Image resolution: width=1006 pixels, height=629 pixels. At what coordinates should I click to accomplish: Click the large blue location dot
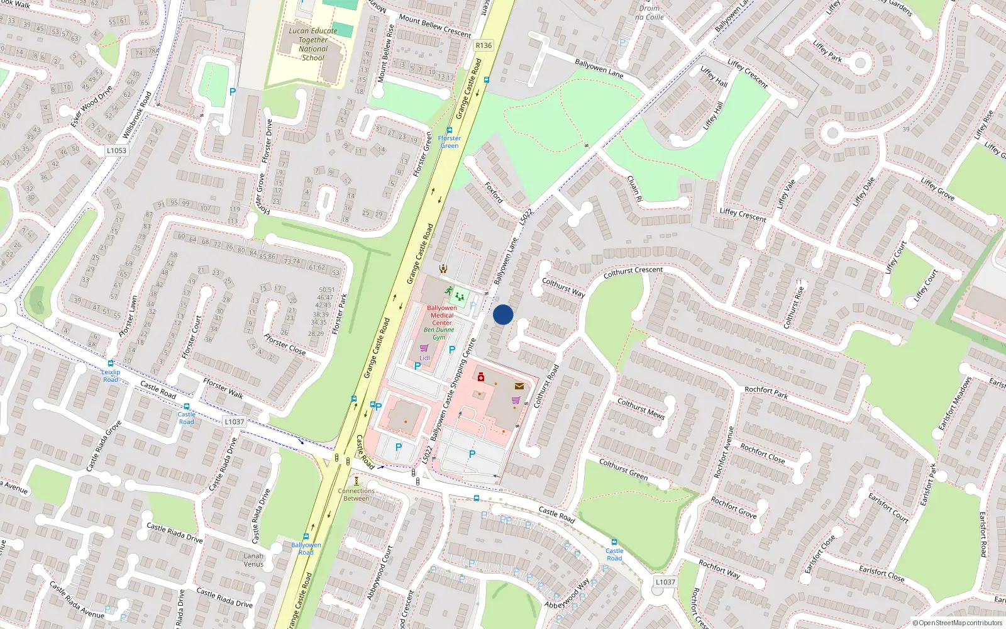click(x=503, y=314)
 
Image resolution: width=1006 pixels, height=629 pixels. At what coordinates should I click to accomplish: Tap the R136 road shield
click(x=484, y=45)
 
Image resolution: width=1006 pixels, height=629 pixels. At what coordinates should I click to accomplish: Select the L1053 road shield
click(x=116, y=150)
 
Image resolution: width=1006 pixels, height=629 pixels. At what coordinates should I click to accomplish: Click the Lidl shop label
click(x=424, y=358)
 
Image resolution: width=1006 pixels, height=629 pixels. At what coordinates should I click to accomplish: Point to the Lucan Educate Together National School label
click(x=312, y=44)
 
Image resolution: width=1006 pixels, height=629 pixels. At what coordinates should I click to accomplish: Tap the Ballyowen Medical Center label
click(x=442, y=315)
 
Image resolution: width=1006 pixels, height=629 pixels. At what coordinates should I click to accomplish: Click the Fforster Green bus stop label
click(x=449, y=142)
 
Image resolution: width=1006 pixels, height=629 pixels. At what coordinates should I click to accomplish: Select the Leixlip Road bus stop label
click(x=111, y=376)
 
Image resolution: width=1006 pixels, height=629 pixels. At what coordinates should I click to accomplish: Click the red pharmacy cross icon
click(x=481, y=377)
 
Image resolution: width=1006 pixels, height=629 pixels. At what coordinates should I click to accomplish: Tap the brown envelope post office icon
click(x=519, y=386)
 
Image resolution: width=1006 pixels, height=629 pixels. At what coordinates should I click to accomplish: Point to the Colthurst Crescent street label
click(x=633, y=272)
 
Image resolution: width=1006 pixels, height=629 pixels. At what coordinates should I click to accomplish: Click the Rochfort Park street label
click(x=766, y=392)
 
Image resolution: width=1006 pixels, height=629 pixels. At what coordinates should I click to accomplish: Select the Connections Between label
click(x=356, y=494)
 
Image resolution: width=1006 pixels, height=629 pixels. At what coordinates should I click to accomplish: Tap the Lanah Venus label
click(x=253, y=560)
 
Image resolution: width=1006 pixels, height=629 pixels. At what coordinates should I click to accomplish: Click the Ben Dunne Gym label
click(x=439, y=333)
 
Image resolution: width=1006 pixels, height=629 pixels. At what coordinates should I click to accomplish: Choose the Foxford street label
click(x=494, y=192)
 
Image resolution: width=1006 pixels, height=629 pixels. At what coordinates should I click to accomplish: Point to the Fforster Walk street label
click(x=223, y=388)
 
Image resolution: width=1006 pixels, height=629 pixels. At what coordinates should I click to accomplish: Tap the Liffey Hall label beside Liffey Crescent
click(x=714, y=77)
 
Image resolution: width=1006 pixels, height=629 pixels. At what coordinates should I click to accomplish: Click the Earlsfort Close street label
click(x=882, y=573)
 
